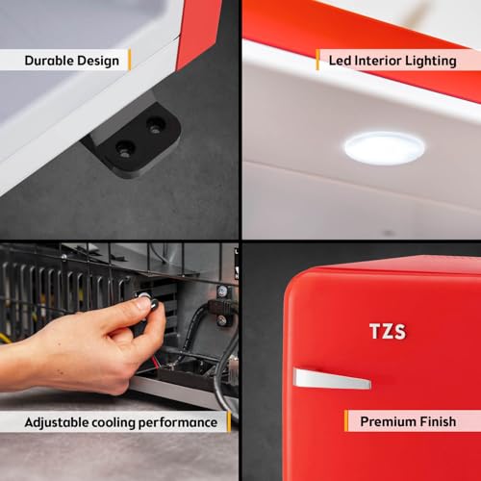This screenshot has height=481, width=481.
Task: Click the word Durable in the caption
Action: point(49,61)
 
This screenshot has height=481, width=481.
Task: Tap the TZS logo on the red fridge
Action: point(388,331)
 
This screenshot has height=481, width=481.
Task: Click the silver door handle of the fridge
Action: point(332,379)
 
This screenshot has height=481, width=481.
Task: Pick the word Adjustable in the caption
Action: point(56,422)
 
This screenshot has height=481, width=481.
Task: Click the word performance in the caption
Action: point(178,423)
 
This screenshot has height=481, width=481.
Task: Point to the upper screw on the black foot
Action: point(156,126)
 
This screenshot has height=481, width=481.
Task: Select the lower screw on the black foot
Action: point(124,150)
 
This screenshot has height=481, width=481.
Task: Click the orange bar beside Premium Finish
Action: point(346,420)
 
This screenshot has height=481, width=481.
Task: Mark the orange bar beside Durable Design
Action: point(130,60)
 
